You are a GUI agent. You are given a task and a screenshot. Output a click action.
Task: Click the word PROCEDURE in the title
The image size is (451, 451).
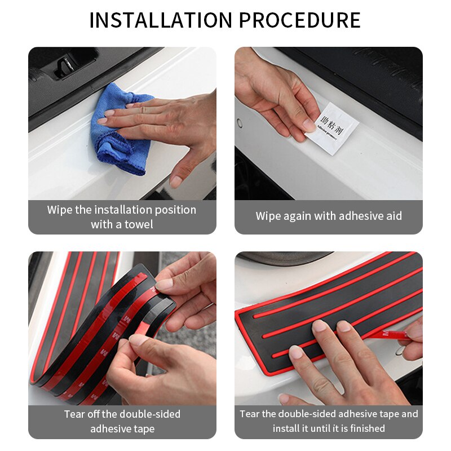300,20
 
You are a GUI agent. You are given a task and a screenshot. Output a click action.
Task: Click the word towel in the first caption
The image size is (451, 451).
138,224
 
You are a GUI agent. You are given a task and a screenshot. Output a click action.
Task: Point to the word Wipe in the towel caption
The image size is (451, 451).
59,210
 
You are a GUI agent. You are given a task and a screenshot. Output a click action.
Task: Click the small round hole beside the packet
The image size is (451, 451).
240,122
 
